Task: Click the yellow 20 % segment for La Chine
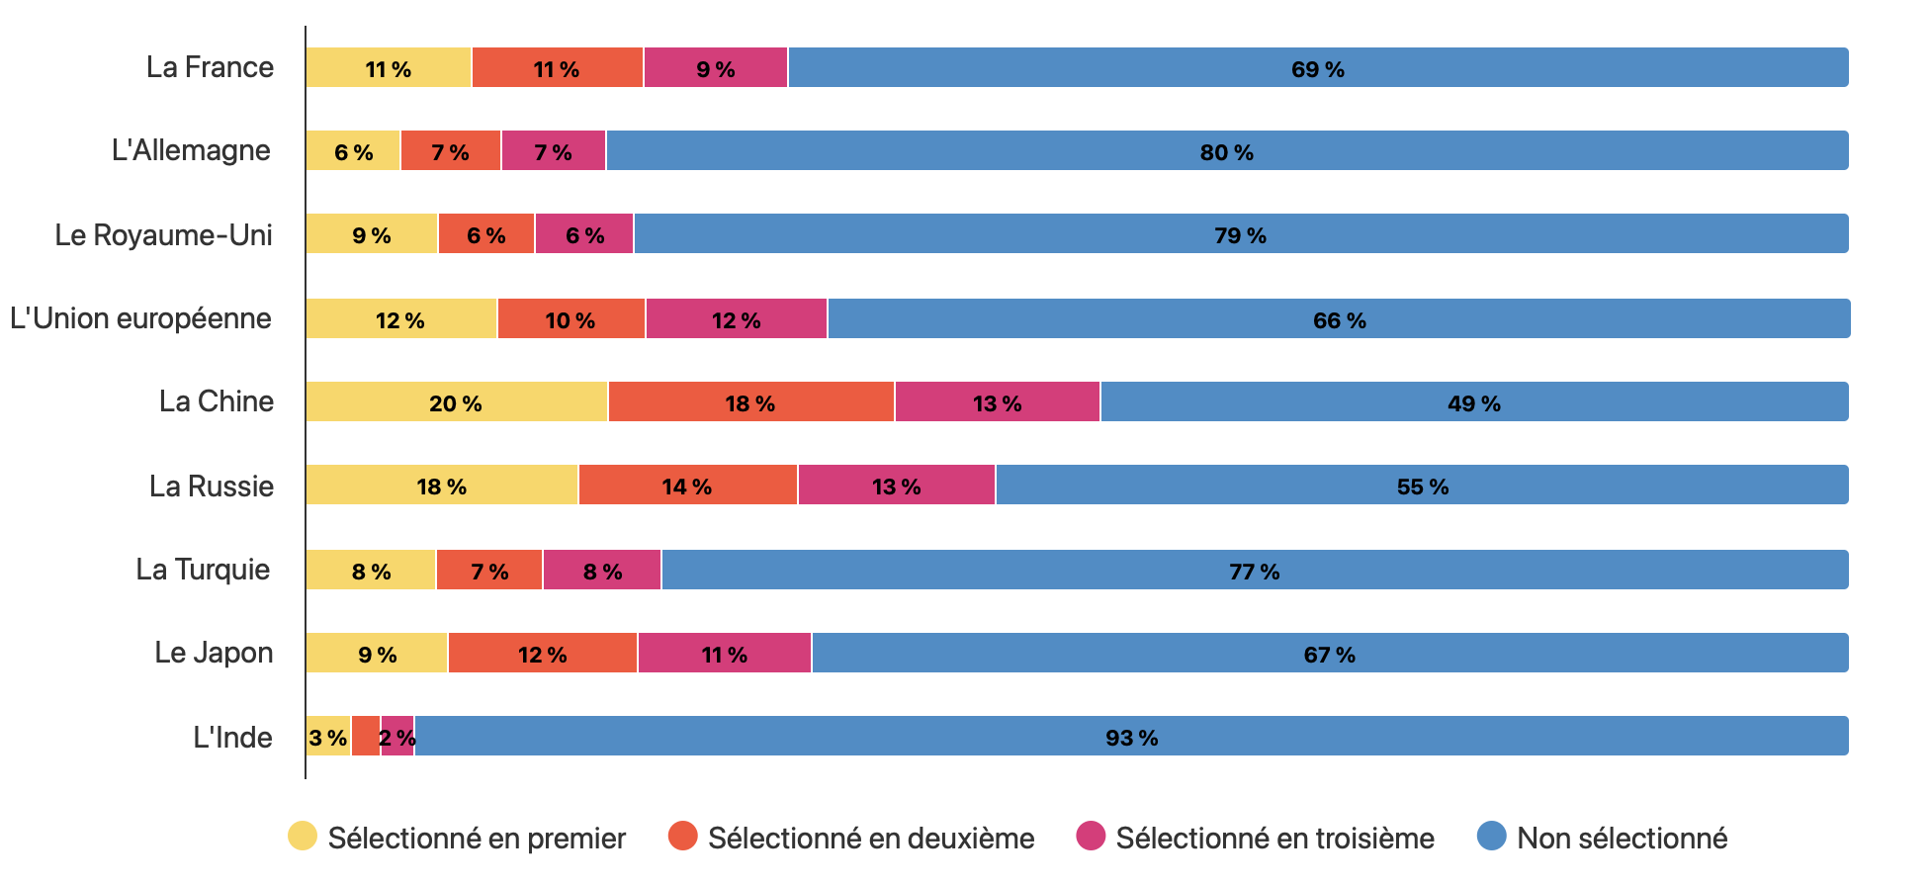456,402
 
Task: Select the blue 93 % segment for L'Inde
1131,737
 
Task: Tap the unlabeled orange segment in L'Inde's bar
366,737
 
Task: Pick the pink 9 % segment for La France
716,68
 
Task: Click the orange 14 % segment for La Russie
687,486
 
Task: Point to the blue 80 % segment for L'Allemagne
1226,151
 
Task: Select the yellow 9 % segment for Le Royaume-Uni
372,234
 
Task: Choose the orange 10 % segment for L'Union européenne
571,319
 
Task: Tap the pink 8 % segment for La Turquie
602,571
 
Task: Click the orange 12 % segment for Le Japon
543,654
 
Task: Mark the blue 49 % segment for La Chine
1473,402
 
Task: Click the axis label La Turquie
203,570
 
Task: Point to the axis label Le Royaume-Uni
163,235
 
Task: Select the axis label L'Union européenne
140,318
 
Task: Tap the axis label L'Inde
232,738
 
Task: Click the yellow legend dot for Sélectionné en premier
303,837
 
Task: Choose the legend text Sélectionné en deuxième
870,839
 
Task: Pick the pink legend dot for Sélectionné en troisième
1091,837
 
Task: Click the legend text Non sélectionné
1622,839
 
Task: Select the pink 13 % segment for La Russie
896,486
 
